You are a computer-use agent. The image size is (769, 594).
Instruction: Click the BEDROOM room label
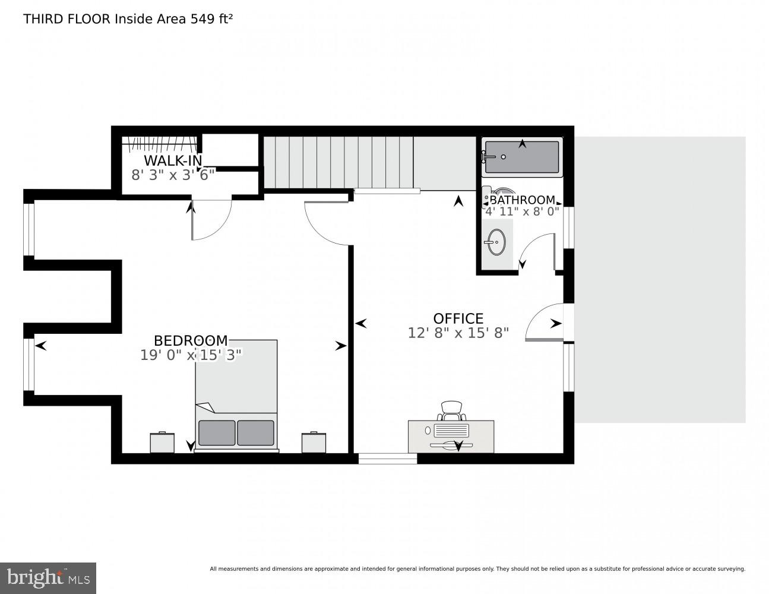point(190,340)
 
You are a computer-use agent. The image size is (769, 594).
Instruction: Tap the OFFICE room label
point(458,318)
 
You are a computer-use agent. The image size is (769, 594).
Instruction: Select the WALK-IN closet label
point(172,160)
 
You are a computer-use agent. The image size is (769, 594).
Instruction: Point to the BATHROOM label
point(522,200)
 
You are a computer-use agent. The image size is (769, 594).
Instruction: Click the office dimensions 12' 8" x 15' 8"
point(458,333)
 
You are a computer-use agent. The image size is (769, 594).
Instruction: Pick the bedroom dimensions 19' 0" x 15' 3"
point(191,355)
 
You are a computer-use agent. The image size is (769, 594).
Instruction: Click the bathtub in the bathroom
point(522,157)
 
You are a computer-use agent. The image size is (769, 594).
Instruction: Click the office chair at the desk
point(451,410)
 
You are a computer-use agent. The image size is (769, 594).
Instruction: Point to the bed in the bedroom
point(236,395)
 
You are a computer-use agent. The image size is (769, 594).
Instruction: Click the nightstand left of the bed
point(162,442)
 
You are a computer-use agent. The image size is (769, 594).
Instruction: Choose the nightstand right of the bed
point(314,442)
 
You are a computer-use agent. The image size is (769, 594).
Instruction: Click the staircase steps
point(338,162)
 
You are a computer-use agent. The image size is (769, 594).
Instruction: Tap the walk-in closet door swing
point(211,220)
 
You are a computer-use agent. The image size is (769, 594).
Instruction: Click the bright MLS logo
point(48,577)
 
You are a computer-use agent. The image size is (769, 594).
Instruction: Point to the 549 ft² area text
point(211,18)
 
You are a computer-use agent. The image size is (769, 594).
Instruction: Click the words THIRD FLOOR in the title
point(67,18)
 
